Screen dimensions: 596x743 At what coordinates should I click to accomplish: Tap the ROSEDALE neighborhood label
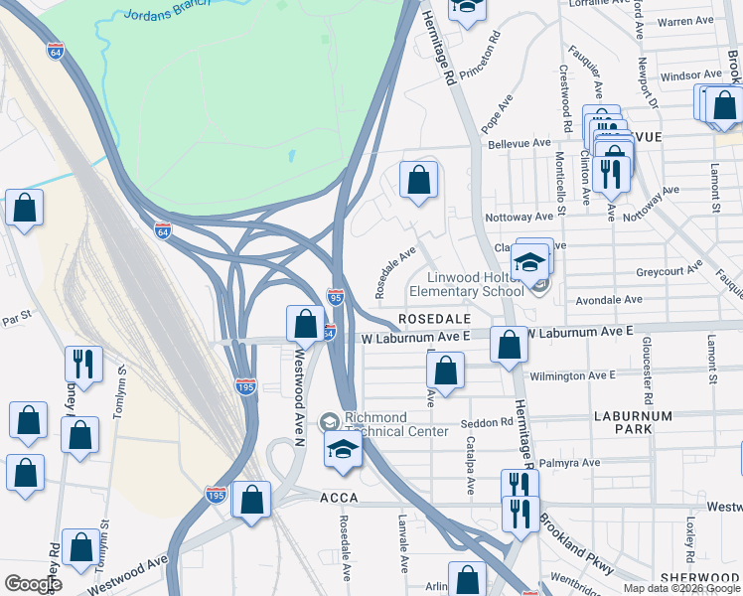click(430, 319)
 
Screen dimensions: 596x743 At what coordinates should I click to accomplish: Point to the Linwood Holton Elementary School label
click(475, 284)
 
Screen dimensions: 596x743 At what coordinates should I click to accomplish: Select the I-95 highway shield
click(335, 297)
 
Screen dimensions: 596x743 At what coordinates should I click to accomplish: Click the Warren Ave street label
click(686, 21)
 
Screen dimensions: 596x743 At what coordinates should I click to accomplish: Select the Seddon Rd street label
click(487, 422)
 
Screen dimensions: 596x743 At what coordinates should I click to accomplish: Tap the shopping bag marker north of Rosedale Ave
click(419, 181)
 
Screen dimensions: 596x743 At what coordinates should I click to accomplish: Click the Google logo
click(34, 584)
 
